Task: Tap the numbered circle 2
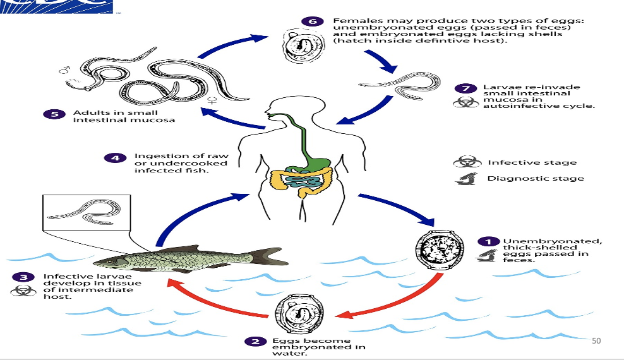(x=255, y=342)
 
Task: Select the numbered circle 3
(x=21, y=277)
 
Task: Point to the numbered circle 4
(x=114, y=157)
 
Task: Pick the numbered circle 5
(x=53, y=114)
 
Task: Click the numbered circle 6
(x=311, y=21)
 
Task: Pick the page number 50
(x=596, y=341)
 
